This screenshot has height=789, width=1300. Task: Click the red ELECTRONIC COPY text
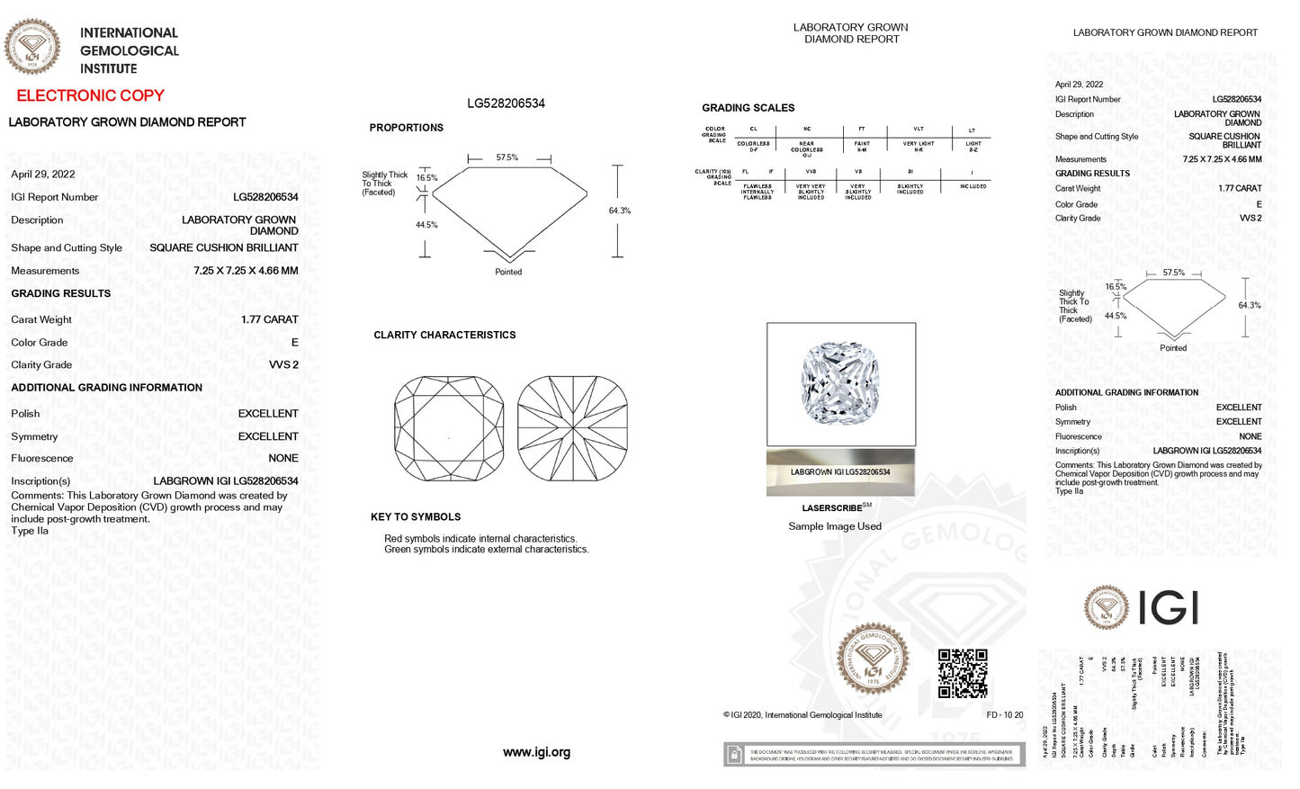[x=90, y=95]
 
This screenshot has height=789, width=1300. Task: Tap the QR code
[x=963, y=673]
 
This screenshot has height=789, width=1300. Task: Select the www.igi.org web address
[x=536, y=752]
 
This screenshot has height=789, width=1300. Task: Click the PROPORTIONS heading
[x=406, y=128]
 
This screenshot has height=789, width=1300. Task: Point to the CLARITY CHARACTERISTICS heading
[x=444, y=335]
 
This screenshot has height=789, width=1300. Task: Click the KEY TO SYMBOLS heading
[x=416, y=517]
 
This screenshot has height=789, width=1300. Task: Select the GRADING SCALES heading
[x=748, y=108]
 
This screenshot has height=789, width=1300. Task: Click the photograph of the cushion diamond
[x=840, y=383]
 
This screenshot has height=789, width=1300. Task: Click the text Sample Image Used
[x=835, y=526]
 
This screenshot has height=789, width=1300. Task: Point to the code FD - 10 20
[x=1005, y=715]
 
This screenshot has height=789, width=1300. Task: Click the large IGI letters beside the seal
[x=1168, y=608]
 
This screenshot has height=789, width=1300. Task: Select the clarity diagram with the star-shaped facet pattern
[x=572, y=428]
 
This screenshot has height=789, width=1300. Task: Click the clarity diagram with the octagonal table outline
[x=449, y=428]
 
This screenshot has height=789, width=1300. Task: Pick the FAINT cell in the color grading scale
[x=862, y=145]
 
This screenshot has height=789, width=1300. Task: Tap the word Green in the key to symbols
[x=398, y=550]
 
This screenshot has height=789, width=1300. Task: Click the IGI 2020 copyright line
[x=802, y=715]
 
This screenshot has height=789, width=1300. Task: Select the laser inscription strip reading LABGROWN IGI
[x=840, y=472]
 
